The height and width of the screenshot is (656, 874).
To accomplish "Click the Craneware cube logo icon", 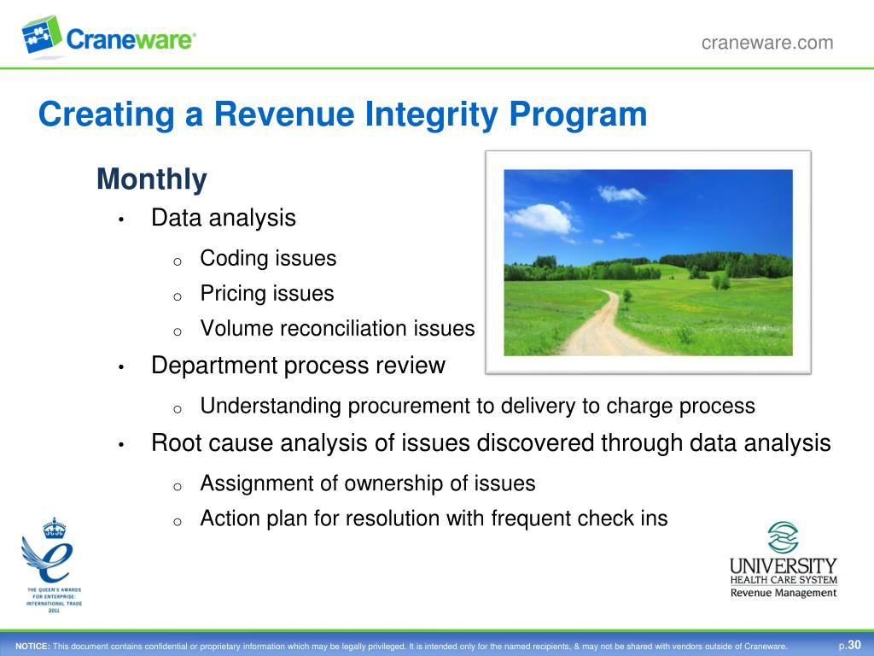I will pos(42,34).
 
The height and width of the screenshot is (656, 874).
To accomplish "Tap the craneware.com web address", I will pos(766,43).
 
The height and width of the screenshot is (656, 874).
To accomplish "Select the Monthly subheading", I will pos(151,179).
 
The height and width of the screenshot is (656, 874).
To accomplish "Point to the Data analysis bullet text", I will pos(223,218).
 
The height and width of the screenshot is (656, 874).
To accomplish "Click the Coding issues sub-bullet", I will pos(268,258).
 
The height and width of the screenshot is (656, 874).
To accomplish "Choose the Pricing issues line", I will pos(267,294).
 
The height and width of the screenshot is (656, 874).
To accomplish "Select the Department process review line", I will pos(298,366).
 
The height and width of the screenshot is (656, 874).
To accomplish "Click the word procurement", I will pos(399,406).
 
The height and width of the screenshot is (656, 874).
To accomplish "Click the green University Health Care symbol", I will pos(783,538).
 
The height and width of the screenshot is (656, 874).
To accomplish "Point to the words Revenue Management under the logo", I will pos(783,593).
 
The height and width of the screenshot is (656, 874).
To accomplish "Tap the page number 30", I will pos(854,645).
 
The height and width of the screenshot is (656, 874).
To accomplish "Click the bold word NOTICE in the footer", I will pos(32,646).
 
